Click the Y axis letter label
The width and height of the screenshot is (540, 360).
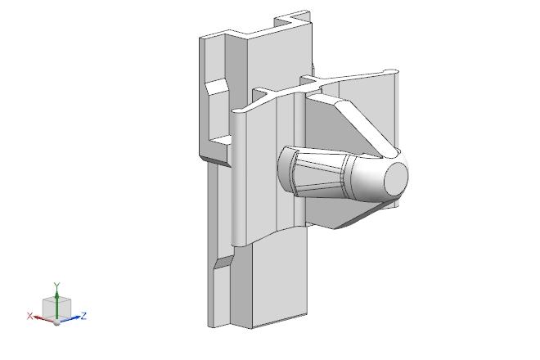pos(56,286)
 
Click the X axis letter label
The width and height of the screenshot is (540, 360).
pos(30,316)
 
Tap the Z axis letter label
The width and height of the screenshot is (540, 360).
pos(83,316)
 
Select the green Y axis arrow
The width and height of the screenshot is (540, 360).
pos(56,304)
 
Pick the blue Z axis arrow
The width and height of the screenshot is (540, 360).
pos(70,318)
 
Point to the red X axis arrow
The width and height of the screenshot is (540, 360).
pos(44,318)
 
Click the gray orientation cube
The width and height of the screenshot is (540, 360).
pos(56,308)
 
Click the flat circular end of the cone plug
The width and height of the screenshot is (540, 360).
pos(396,175)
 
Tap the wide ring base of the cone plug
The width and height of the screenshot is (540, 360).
pos(286,170)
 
